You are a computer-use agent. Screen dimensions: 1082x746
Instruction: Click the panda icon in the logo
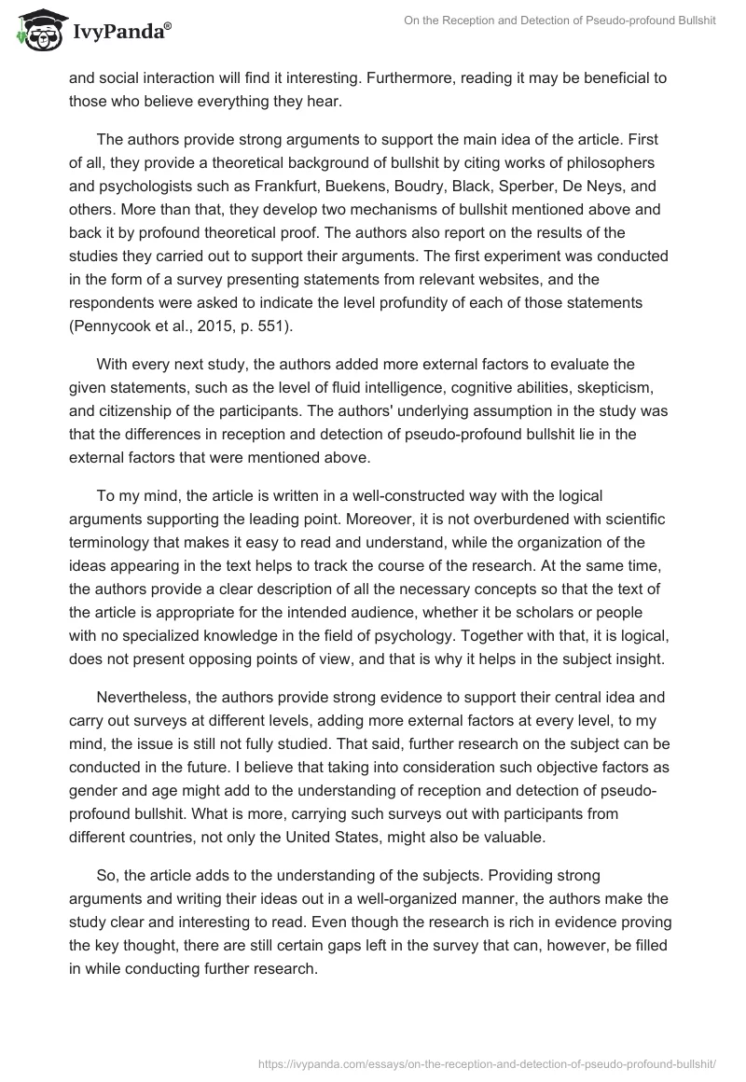(36, 30)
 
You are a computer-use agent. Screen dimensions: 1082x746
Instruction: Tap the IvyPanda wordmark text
(122, 32)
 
